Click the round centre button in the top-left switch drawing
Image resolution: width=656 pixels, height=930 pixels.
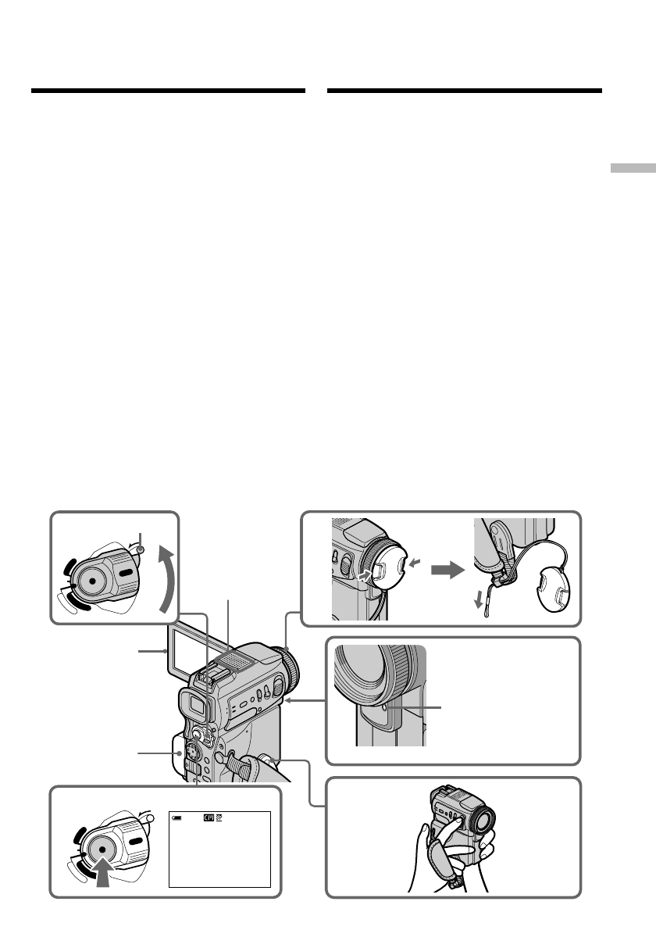92,580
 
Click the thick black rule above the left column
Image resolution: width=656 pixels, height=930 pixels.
168,91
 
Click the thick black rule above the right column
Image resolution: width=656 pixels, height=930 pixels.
465,91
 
